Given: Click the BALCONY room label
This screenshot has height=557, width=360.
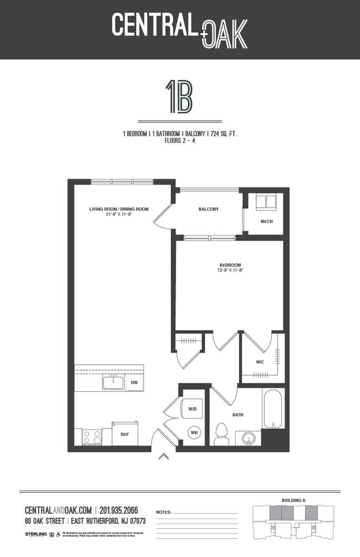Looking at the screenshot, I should [208, 209].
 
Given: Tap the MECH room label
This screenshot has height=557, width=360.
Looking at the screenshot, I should [266, 222].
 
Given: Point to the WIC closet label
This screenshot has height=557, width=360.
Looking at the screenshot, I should [259, 362].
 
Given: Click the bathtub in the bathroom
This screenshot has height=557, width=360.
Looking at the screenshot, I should [273, 408].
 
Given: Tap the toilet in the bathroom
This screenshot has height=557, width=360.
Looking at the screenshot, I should [222, 433].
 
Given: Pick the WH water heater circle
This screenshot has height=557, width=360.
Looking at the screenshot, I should [194, 432].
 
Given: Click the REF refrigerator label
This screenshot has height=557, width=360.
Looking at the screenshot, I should [125, 435].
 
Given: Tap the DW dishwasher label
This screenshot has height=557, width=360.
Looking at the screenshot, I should [134, 382].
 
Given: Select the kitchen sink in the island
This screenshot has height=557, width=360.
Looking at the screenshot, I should [113, 382].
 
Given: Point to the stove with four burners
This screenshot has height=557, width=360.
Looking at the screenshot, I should [91, 437].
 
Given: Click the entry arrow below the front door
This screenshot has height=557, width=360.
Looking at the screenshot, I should [163, 457].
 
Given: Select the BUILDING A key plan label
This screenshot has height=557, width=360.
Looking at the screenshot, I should [294, 500].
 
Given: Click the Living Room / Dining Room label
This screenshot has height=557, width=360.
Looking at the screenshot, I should [119, 209].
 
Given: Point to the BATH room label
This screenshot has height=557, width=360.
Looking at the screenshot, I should [238, 415].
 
